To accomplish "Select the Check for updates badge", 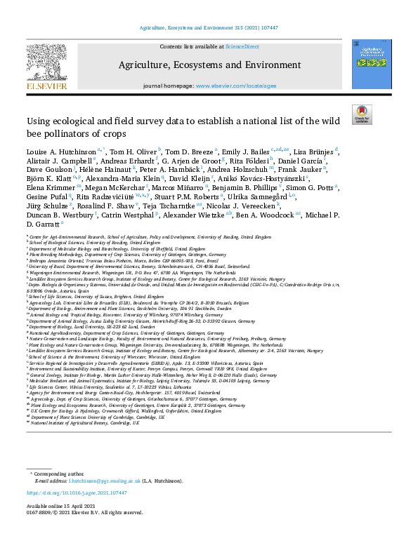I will [x=361, y=114].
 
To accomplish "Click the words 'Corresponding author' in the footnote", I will [x=57, y=474].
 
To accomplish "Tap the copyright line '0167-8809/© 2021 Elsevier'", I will [x=80, y=513].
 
